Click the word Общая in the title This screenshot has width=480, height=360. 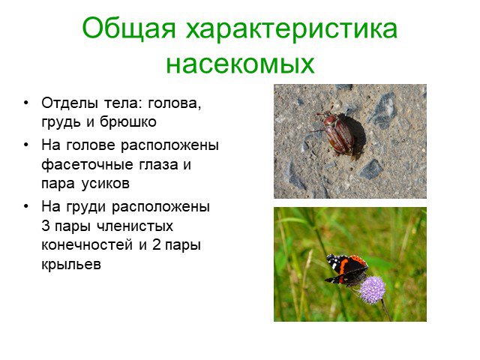click(129, 28)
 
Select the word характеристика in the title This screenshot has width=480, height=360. click(292, 29)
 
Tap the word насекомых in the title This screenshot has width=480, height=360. click(240, 64)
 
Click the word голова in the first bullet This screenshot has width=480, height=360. click(175, 104)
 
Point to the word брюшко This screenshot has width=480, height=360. click(128, 122)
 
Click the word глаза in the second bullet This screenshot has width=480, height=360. click(158, 165)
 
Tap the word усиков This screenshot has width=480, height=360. click(106, 184)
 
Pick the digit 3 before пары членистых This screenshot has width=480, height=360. click(45, 226)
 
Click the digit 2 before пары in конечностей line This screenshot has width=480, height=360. click(157, 245)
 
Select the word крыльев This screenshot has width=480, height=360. click(71, 264)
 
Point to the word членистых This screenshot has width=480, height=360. click(135, 226)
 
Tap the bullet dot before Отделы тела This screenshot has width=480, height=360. click(26, 103)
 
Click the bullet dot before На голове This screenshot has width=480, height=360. click(26, 145)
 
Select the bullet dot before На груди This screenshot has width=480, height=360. click(26, 206)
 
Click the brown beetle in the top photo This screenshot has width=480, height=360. click(338, 133)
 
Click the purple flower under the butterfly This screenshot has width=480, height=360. click(372, 290)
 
